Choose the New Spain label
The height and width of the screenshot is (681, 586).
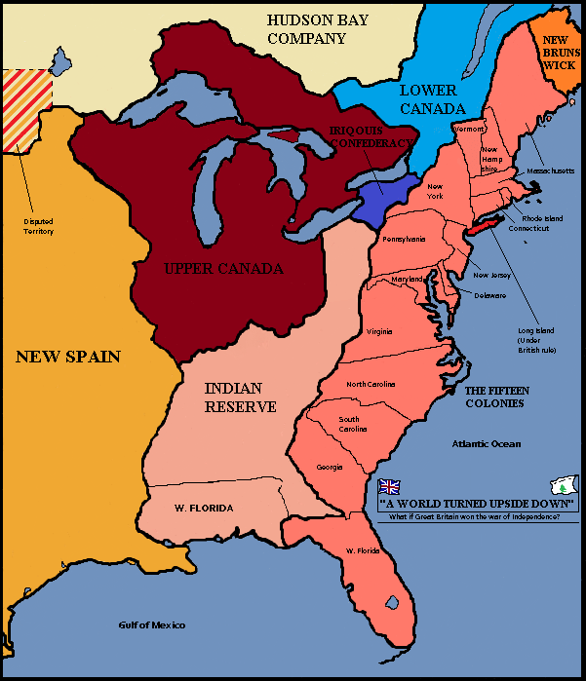[x=68, y=357]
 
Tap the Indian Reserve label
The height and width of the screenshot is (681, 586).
[x=241, y=397]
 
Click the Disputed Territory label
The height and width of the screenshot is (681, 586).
[x=38, y=227]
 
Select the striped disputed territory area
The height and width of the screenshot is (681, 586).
[x=26, y=110]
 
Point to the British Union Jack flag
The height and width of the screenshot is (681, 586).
[x=389, y=486]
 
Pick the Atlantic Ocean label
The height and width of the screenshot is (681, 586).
[x=486, y=443]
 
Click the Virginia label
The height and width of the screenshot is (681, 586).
[x=380, y=332]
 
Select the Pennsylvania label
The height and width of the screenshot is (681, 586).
[x=405, y=239]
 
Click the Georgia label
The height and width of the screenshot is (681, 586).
[x=330, y=468]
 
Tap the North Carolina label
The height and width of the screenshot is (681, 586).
[x=371, y=384]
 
